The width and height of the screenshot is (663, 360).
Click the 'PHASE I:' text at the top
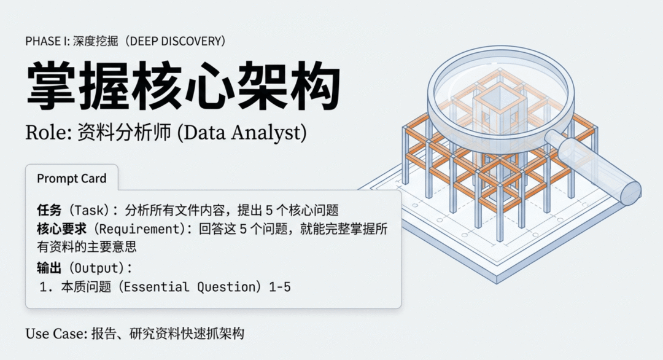coord(48,41)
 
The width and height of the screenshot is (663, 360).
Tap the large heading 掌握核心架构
coord(184,85)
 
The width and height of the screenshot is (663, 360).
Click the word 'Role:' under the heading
coord(48,133)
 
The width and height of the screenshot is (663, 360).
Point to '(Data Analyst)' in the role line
coord(241,133)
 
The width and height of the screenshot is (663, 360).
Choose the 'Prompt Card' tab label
coord(71,179)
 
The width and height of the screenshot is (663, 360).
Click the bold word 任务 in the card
coord(49,210)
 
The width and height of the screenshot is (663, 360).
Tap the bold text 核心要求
coord(61,229)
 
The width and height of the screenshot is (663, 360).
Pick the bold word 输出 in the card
coord(49,268)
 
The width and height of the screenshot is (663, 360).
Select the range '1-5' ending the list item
coord(280,288)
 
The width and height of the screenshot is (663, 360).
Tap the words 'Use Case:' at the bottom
coord(56,334)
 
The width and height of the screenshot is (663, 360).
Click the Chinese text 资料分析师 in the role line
coord(124,133)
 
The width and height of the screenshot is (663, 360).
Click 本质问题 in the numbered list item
coord(86,288)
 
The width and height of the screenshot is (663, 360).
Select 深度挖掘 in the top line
coord(95,41)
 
